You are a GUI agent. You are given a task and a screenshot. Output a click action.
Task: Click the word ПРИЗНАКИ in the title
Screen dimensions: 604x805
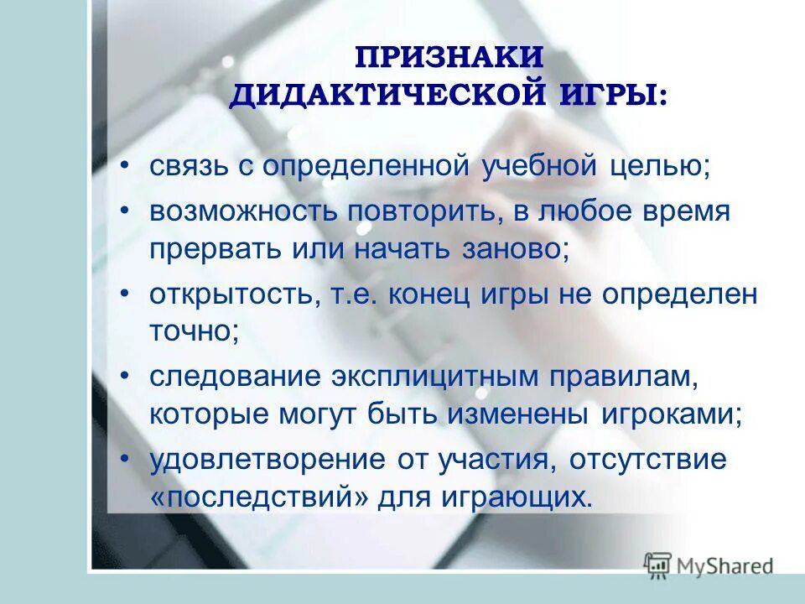click(x=449, y=60)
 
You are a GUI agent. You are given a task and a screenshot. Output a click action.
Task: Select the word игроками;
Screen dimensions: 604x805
click(x=671, y=414)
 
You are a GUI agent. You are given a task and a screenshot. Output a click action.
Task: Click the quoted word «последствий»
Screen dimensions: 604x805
click(x=259, y=497)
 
